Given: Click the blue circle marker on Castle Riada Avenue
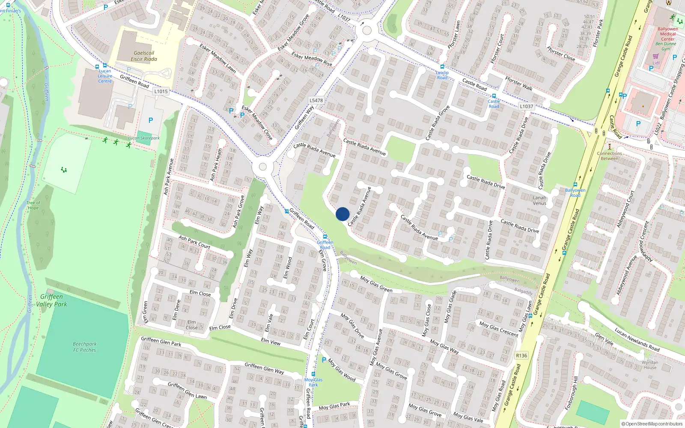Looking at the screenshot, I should coord(342,214).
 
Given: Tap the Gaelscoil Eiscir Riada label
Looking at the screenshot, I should coord(144,56).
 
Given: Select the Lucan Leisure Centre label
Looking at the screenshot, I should coord(105,76).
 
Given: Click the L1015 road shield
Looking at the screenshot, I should coord(161,91).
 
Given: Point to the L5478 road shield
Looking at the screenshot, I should coord(316,101).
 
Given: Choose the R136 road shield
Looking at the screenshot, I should coord(521,355).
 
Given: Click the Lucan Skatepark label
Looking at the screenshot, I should coord(144,138).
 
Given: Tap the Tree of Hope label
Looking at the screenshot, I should coord(33,205).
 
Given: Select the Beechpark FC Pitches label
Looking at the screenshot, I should coord(84,347).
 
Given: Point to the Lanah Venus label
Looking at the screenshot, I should coord(539,200).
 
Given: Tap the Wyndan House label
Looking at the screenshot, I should coord(650,365).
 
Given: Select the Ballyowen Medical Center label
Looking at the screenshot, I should coord(667,34).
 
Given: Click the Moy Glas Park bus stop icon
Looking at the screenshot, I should coord(313,374).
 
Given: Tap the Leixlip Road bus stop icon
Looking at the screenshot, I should coord(442,67).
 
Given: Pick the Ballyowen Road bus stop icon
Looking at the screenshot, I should coord(575,185).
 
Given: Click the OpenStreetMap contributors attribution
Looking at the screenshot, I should coord(652,424).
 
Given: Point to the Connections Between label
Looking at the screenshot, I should coord(609,156).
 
